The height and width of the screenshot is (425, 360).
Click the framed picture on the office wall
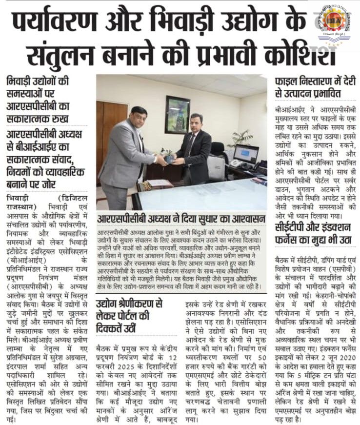(177, 114)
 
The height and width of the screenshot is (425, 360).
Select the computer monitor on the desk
(246, 154)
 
